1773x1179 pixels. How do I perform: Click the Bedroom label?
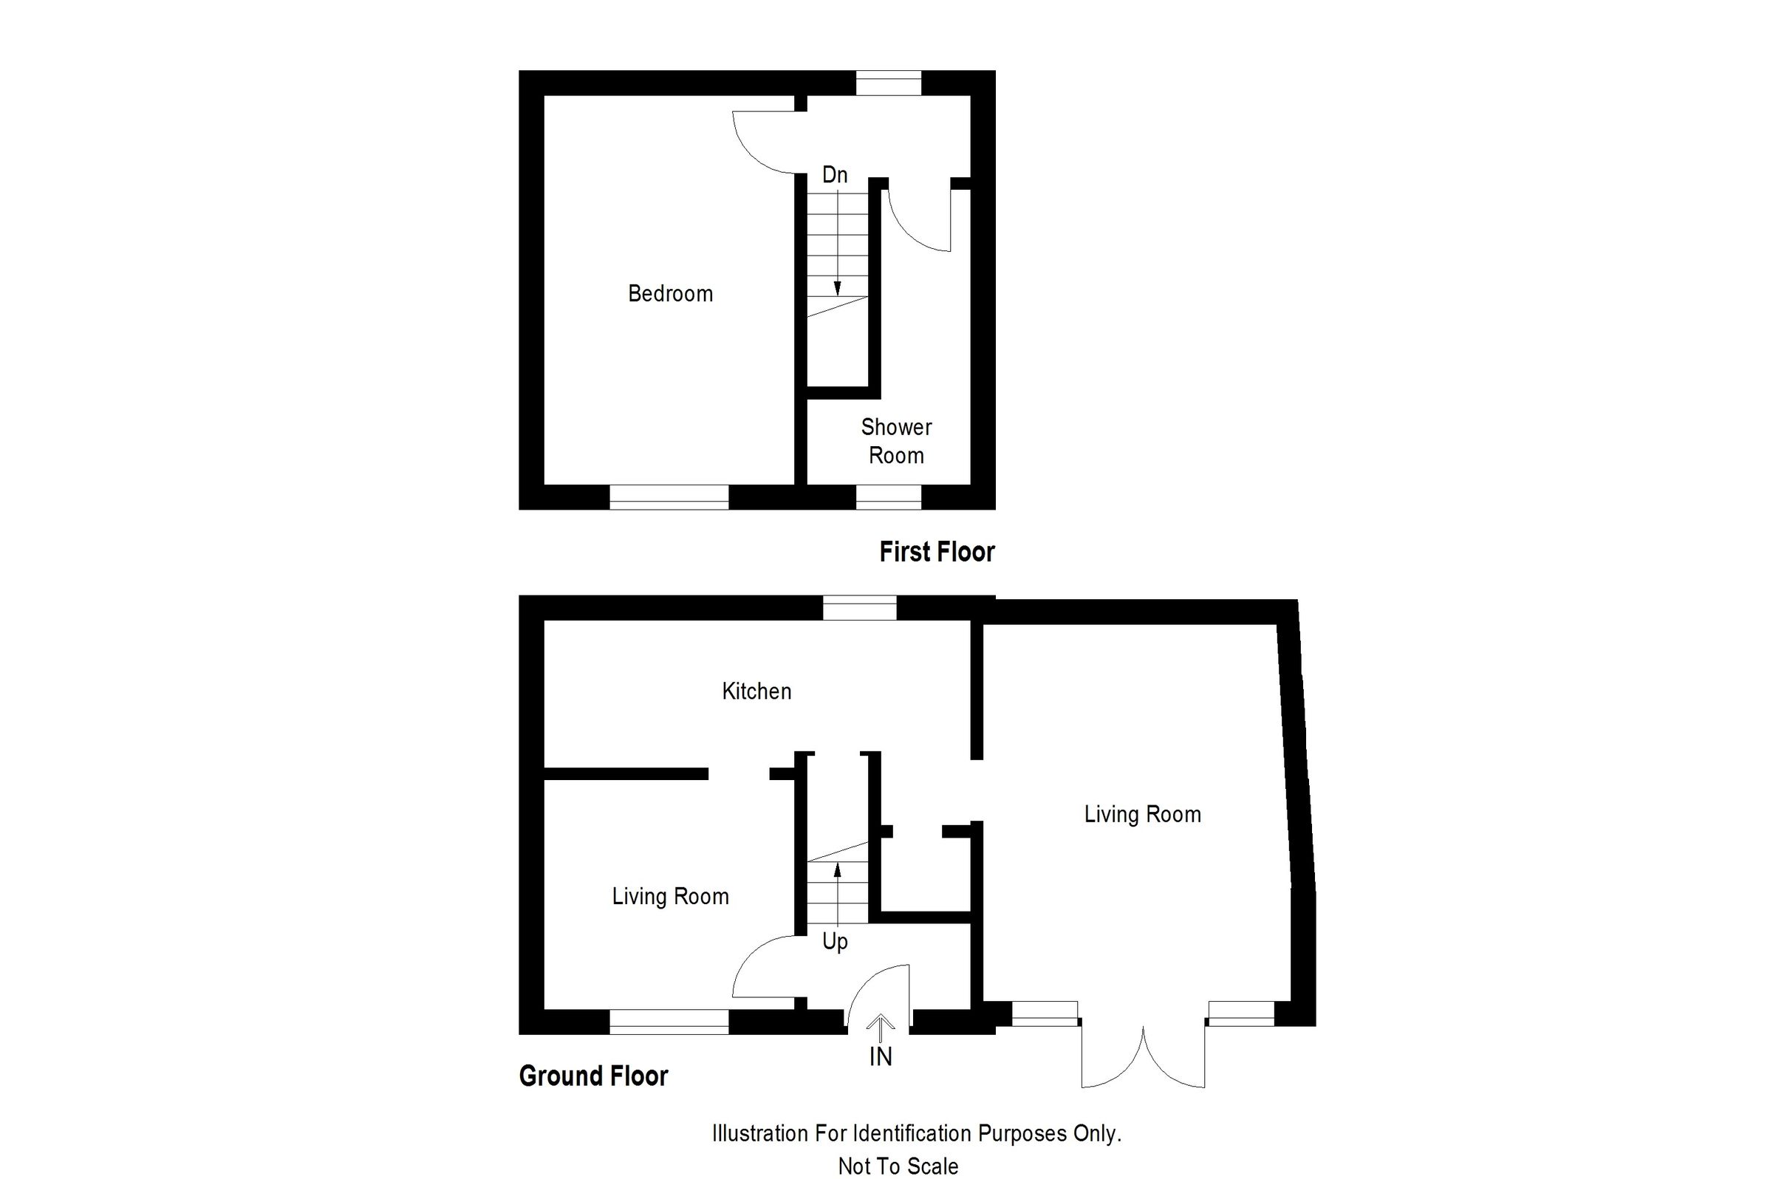[670, 293]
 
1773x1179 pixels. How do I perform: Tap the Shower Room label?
[895, 441]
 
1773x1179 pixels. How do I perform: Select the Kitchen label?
[756, 691]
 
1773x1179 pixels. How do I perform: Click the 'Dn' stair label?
[835, 175]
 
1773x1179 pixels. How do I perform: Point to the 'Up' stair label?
[835, 941]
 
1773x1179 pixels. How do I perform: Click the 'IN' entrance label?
[881, 1057]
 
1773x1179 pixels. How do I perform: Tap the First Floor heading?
[936, 552]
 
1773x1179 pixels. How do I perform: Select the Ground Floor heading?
[593, 1076]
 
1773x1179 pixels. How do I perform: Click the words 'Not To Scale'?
[898, 1166]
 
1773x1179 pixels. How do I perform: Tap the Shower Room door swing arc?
[914, 229]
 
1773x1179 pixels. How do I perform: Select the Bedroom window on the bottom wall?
[669, 497]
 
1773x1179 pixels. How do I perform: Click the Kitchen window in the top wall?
[859, 607]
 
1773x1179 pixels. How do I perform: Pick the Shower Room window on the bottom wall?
[888, 497]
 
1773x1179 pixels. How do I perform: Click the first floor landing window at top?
[888, 83]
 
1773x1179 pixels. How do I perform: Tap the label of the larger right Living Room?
[1142, 814]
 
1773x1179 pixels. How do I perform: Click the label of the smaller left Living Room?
[670, 896]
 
